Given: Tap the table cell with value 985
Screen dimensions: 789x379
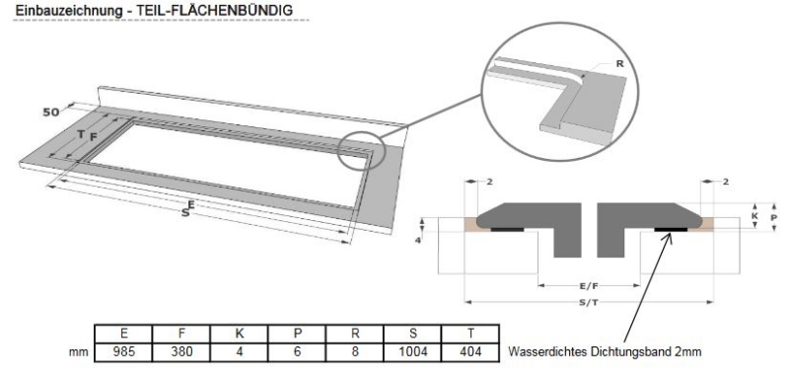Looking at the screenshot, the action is click(x=124, y=351).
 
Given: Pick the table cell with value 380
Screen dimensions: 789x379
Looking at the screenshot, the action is click(x=181, y=351).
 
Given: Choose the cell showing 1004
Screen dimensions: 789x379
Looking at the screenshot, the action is click(x=412, y=351).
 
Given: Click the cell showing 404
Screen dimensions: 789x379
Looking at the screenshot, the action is click(x=470, y=351).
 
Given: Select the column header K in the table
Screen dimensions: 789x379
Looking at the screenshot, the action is click(x=240, y=334).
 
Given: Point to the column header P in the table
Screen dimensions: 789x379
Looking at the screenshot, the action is click(x=298, y=334).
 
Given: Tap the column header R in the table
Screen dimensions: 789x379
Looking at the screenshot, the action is click(x=355, y=334).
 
